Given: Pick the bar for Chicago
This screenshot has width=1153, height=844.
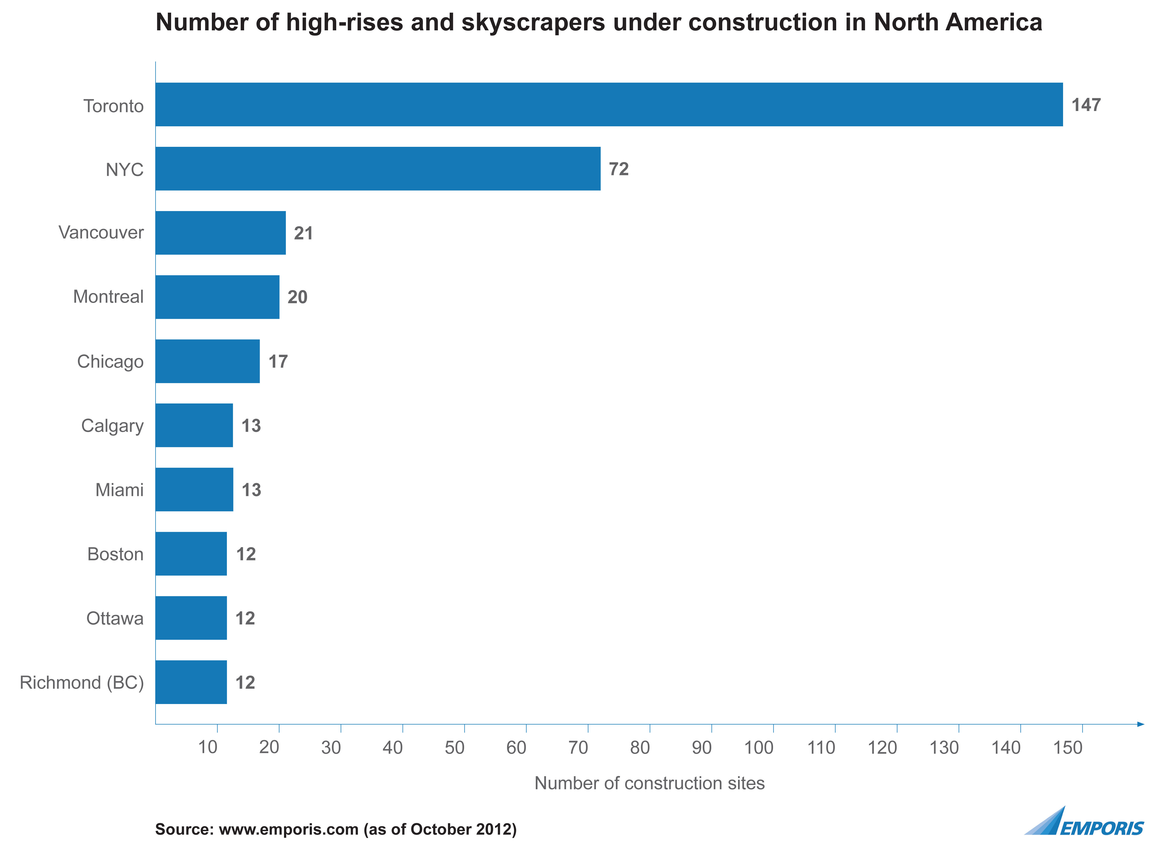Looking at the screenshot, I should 207,361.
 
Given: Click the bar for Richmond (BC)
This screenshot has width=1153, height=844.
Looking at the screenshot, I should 191,682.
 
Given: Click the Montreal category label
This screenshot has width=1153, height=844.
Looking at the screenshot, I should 108,297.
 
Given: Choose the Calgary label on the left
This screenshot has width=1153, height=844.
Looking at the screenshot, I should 112,426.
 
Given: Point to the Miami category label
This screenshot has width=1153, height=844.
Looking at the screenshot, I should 119,490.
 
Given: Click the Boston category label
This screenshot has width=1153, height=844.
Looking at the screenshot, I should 115,554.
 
